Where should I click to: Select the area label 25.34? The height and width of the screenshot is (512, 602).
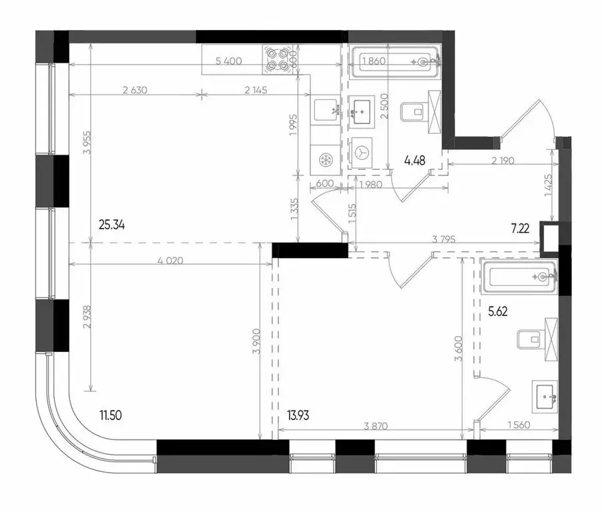[112, 225]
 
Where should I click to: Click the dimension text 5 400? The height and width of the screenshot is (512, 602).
[228, 61]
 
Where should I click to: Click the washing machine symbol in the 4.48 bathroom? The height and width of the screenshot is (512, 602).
[363, 152]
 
